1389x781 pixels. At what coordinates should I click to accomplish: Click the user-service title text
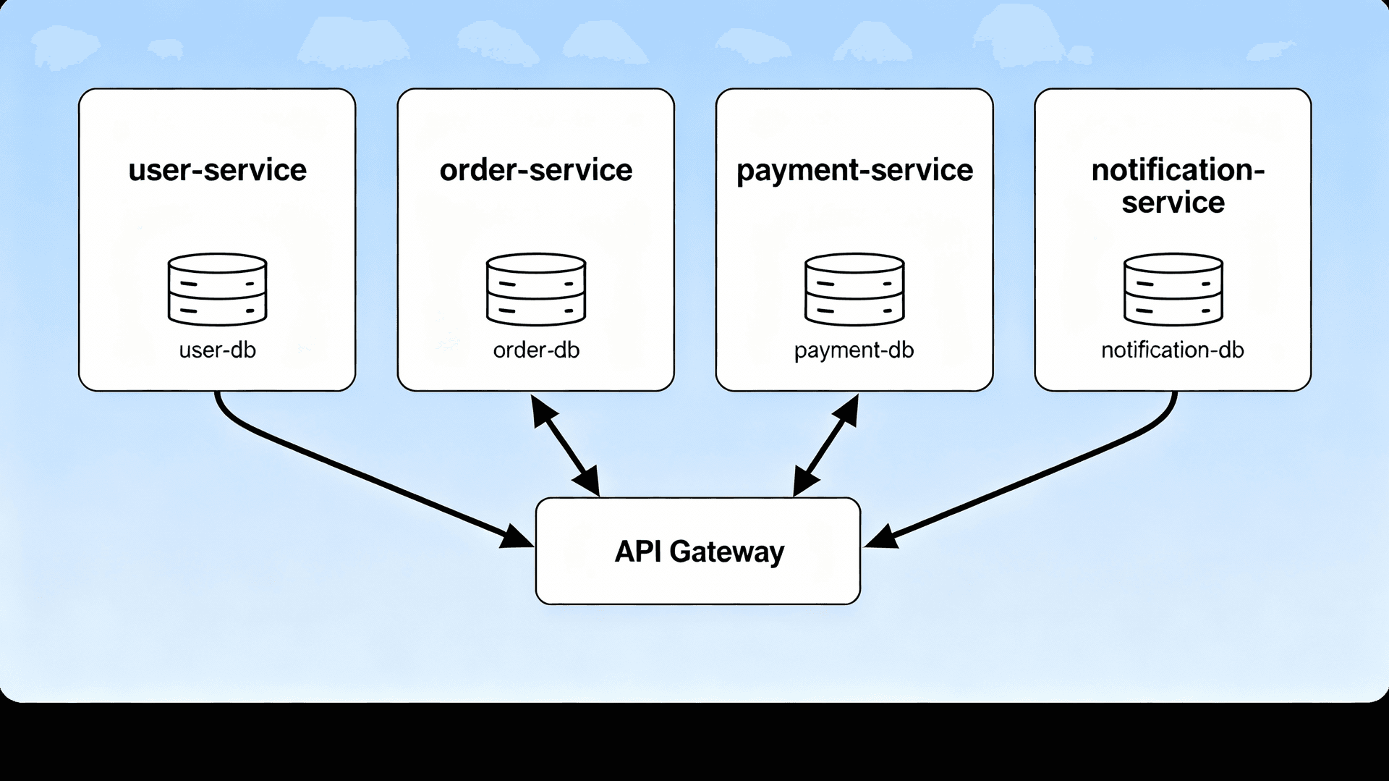pyautogui.click(x=217, y=171)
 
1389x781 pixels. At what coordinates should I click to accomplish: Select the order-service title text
pyautogui.click(x=536, y=171)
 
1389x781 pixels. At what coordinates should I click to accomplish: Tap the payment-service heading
pyautogui.click(x=854, y=171)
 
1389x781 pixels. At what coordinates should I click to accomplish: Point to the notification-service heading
pyautogui.click(x=1173, y=186)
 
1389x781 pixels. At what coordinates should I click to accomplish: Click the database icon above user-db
pyautogui.click(x=217, y=289)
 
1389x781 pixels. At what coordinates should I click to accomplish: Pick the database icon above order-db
pyautogui.click(x=536, y=289)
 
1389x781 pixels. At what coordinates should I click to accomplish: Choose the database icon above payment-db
pyautogui.click(x=854, y=289)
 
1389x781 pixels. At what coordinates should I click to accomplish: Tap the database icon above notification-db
pyautogui.click(x=1173, y=289)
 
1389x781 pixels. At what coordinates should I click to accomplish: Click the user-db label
pyautogui.click(x=217, y=350)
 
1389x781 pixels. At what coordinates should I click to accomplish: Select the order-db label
pyautogui.click(x=536, y=350)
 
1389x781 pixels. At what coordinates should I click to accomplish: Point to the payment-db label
pyautogui.click(x=854, y=350)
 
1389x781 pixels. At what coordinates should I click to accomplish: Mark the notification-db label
pyautogui.click(x=1172, y=350)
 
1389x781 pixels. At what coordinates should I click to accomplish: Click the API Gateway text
pyautogui.click(x=699, y=552)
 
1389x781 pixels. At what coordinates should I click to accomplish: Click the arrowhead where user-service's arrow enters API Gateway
pyautogui.click(x=517, y=538)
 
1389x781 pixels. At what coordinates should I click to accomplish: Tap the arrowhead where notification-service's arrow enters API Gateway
pyautogui.click(x=881, y=538)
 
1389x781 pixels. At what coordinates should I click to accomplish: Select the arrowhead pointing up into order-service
pyautogui.click(x=542, y=410)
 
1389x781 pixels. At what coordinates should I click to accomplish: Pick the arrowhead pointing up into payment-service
pyautogui.click(x=847, y=410)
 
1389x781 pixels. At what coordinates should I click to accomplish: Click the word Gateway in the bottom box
pyautogui.click(x=726, y=552)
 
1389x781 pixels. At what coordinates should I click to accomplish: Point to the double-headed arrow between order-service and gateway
pyautogui.click(x=565, y=445)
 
